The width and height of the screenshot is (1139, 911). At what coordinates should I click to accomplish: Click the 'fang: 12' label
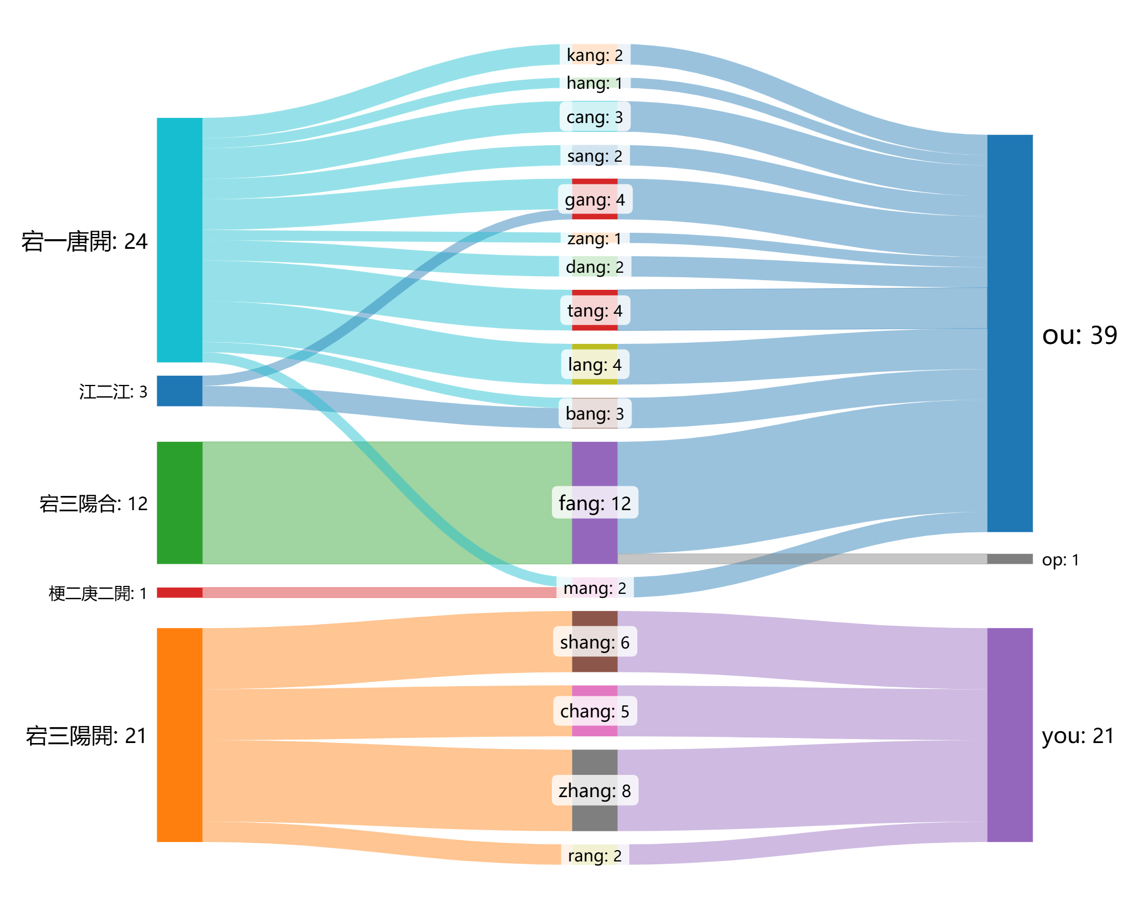(595, 503)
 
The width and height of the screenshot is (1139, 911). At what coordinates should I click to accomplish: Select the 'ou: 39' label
(1080, 335)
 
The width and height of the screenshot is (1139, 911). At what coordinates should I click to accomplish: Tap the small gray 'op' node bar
(1010, 559)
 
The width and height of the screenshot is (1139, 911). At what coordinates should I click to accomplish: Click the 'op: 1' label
(1060, 560)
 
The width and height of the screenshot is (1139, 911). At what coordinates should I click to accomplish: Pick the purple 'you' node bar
(1010, 734)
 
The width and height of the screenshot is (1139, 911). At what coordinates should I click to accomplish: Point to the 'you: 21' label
(1078, 736)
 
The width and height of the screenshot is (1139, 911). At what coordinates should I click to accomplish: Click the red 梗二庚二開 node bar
(179, 593)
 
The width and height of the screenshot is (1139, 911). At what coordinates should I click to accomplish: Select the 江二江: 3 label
(113, 392)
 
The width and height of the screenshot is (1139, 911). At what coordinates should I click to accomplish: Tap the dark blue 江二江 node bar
(179, 391)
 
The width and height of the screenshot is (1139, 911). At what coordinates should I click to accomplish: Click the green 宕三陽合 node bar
(179, 503)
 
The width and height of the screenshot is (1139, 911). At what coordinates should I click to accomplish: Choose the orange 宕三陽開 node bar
(179, 734)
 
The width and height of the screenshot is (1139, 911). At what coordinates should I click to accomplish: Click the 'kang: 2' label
(595, 55)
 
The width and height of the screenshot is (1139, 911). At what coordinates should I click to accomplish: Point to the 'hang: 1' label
(595, 84)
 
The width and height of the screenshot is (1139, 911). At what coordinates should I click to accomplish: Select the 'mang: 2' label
(595, 588)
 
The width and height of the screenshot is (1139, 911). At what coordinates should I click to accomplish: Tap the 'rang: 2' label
(595, 856)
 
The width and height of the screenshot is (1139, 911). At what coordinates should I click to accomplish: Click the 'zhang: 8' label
(595, 791)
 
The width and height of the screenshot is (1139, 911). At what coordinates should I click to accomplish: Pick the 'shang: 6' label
(595, 642)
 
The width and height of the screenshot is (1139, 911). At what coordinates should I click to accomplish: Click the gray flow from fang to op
(802, 559)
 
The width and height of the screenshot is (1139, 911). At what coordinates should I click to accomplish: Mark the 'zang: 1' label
(595, 239)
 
